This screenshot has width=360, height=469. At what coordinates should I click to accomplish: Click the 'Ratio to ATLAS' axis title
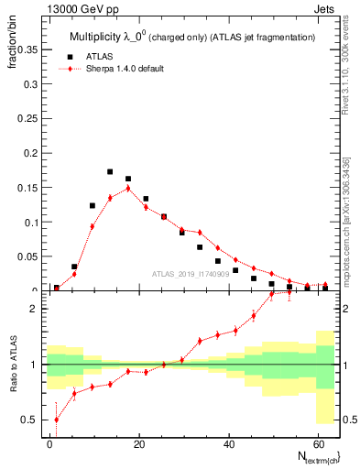(12, 365)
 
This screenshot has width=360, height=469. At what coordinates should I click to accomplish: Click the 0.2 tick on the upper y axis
(30, 153)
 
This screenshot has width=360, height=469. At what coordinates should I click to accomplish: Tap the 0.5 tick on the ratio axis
(32, 420)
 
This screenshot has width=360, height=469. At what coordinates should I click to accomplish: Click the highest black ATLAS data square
(110, 171)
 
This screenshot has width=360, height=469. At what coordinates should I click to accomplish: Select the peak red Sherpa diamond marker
(128, 188)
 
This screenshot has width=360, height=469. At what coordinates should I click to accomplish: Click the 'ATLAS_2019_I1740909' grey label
(190, 274)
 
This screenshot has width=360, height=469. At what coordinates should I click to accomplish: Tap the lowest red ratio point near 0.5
(57, 420)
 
